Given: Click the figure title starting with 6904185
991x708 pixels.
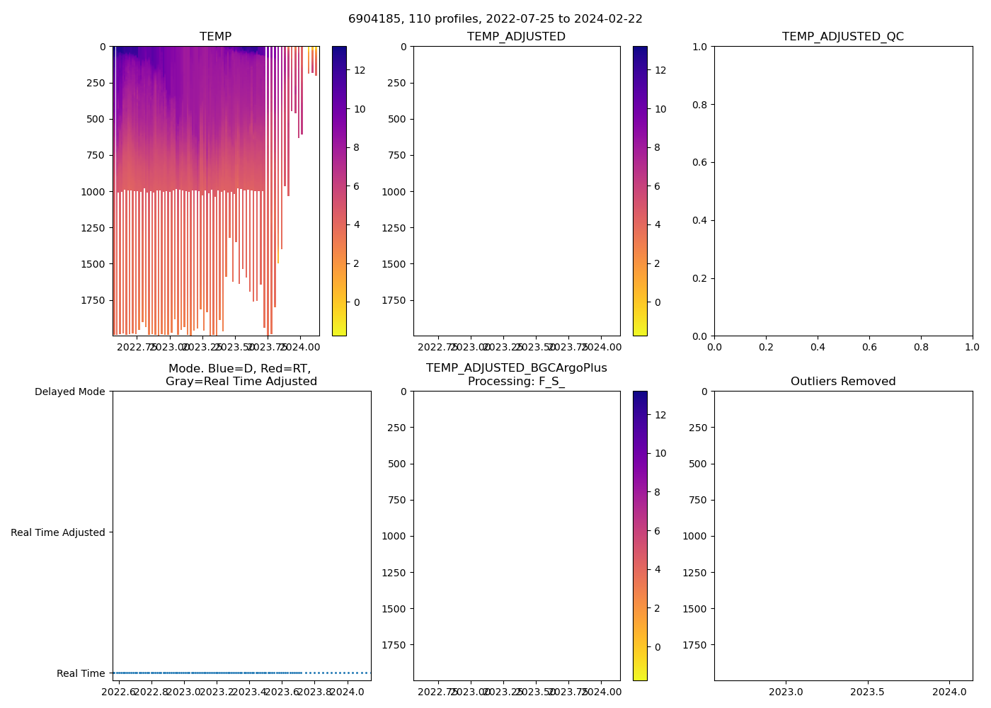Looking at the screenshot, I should click(495, 19).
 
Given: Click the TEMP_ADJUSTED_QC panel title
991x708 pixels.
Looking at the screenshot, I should click(842, 37).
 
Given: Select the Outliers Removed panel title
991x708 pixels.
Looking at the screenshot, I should click(842, 382).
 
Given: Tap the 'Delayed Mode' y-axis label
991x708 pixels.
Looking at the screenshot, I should click(69, 392).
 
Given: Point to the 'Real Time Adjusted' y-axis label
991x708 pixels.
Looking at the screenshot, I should click(57, 532).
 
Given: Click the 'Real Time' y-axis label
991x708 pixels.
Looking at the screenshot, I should click(81, 673).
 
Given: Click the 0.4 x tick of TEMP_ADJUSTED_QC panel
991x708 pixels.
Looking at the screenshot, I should click(818, 347).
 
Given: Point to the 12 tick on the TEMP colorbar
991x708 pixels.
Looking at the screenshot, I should click(360, 70).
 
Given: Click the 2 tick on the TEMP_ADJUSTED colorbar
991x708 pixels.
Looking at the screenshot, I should click(657, 263).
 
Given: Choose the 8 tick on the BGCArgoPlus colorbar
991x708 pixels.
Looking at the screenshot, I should click(657, 492).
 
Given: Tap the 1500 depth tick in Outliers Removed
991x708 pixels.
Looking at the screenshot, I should click(694, 609).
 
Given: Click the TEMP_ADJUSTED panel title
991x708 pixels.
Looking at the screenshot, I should click(516, 37).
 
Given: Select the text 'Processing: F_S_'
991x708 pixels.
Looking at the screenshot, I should click(516, 382).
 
